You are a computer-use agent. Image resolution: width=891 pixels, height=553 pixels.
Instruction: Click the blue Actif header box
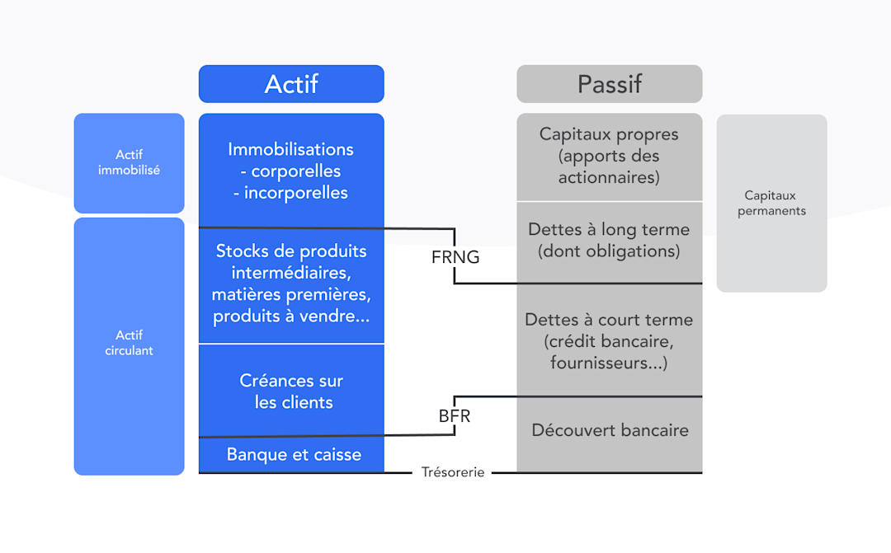point(291,84)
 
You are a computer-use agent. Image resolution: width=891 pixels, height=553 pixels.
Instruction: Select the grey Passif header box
point(609,84)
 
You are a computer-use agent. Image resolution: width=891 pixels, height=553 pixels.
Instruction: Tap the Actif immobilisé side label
point(129,162)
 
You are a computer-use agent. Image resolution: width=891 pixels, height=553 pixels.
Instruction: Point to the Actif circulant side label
point(129,343)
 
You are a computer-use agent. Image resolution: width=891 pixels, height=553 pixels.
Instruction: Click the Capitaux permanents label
point(771,203)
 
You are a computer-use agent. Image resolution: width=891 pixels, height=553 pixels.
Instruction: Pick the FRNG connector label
point(455,257)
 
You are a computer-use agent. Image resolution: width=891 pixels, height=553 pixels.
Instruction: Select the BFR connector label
point(455,416)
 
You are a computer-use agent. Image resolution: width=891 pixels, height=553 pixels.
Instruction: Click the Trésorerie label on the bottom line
point(453,472)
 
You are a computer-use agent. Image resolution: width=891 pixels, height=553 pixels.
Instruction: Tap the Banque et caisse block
point(294,455)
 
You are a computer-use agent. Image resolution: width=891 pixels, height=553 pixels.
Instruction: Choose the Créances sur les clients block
point(291,391)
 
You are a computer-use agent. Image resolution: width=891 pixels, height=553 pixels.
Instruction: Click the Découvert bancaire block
point(610,430)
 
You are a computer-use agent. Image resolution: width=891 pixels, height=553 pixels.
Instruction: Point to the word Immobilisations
point(291,149)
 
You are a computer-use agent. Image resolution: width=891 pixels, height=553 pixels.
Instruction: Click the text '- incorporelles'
point(291,193)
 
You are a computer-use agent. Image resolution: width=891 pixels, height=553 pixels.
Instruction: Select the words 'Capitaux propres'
point(609,134)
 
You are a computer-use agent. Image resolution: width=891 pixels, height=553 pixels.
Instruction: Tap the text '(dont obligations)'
point(609,251)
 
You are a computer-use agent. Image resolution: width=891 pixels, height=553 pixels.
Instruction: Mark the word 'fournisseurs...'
point(609,363)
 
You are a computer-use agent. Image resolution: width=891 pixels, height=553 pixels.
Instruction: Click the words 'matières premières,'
point(291,294)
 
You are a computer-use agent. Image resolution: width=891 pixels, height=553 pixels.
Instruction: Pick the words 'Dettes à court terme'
point(609,320)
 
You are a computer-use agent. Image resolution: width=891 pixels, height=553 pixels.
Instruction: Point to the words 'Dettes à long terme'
point(609,230)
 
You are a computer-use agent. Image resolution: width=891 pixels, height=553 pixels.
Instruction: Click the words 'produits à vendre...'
point(291,316)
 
